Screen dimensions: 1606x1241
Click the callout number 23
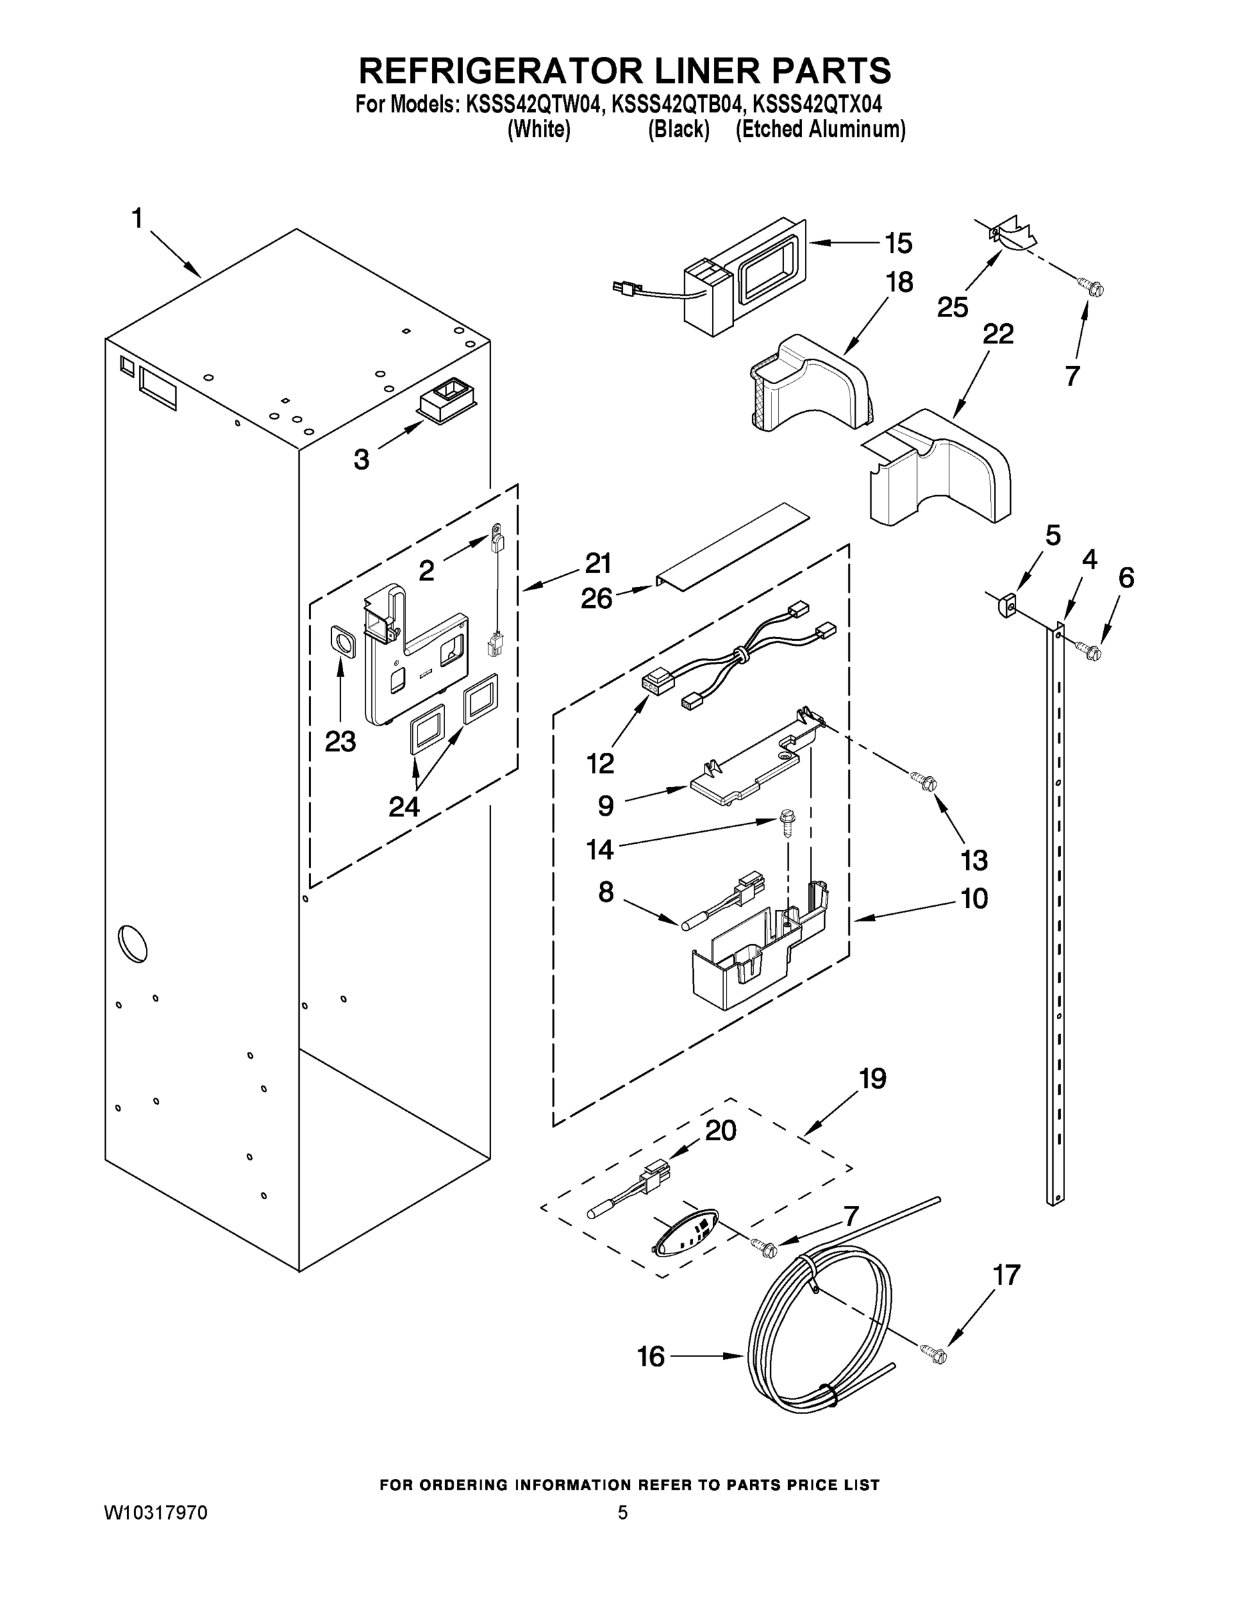[x=341, y=742]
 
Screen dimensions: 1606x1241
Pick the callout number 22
[x=997, y=334]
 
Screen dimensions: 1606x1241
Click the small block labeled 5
[x=1006, y=606]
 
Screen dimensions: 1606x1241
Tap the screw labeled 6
[x=1088, y=649]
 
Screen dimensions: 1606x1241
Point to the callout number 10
[x=974, y=899]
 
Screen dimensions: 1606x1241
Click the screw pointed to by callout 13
[x=923, y=780]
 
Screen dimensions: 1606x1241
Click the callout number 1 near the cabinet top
[x=136, y=218]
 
